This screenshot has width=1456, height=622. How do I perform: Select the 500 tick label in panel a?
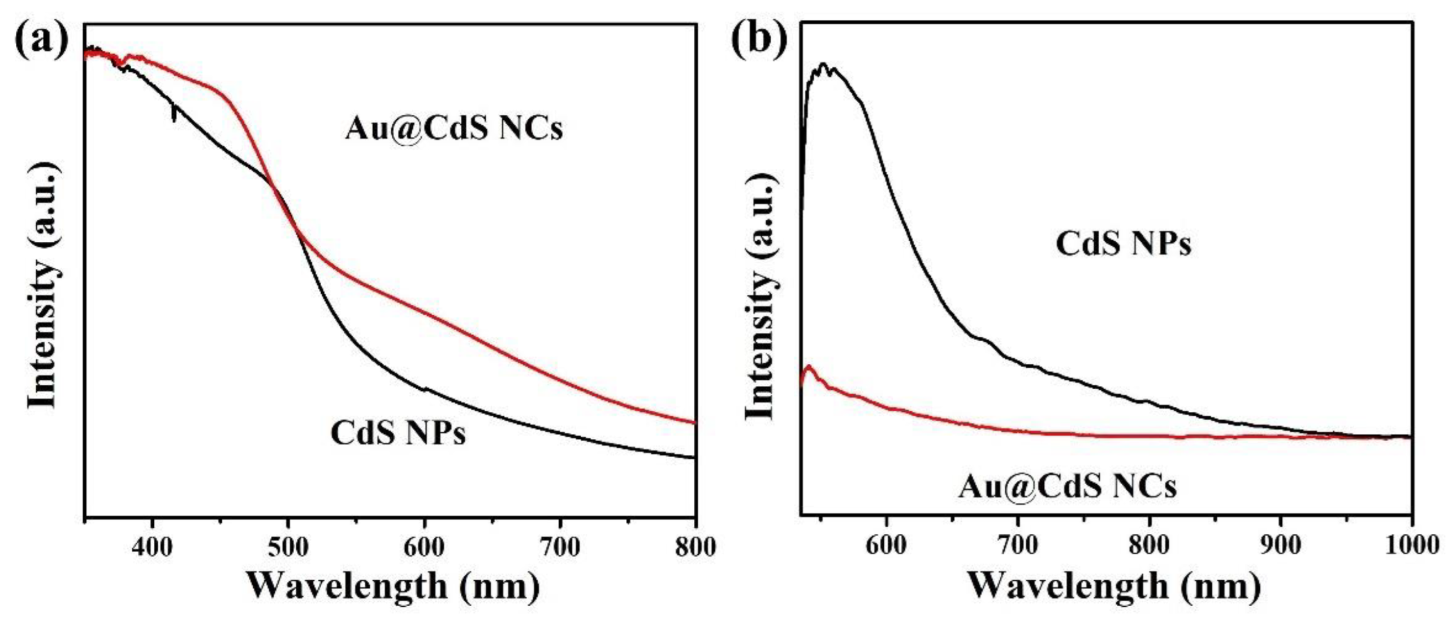coord(288,547)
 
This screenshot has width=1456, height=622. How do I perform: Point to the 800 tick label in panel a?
coord(694,547)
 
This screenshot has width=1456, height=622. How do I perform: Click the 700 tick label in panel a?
coord(560,547)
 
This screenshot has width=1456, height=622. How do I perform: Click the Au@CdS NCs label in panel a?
coord(454,129)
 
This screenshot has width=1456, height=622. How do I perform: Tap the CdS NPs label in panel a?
coord(398,434)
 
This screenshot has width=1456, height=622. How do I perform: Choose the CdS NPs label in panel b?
coord(1124,245)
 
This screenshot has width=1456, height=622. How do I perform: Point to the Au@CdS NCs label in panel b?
coord(1068,486)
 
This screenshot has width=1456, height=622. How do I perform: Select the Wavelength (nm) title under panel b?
coord(1114,586)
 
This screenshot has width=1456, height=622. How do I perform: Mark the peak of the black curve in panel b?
coord(823,65)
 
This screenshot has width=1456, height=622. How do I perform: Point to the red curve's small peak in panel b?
coord(809,367)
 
